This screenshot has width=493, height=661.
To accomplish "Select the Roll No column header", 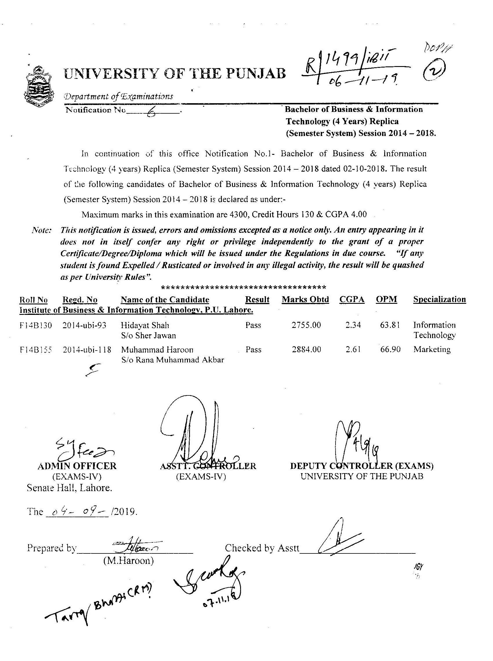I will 33,300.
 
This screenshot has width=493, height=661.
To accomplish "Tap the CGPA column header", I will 352,299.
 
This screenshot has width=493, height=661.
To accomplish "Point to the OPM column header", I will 387,299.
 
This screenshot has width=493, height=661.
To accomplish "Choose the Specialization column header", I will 439,299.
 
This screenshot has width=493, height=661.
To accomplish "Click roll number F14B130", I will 35,325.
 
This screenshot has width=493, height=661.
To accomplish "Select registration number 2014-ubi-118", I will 87,350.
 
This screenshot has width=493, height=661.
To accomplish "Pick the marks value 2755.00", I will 306,325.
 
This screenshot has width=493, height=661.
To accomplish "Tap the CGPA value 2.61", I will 353,350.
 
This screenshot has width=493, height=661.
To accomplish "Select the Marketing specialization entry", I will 432,350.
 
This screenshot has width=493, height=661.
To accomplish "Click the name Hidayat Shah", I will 145,325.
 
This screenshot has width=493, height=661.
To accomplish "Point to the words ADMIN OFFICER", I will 77,466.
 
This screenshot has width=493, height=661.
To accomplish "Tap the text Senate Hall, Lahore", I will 69,488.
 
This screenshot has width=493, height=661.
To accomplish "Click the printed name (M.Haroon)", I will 128,561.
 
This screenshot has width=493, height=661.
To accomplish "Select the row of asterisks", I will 243,288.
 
